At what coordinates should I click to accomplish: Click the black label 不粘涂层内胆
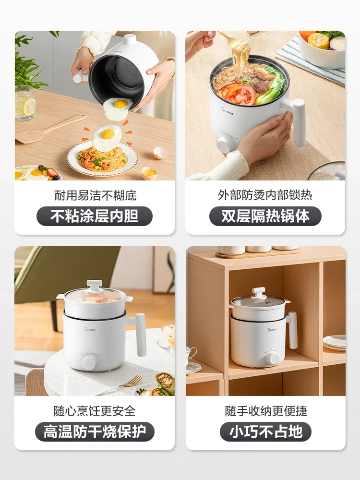point(95,216)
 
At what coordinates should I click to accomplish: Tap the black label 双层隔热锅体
point(265,216)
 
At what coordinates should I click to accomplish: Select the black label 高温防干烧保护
point(95,432)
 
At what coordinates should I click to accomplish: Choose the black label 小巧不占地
point(265,432)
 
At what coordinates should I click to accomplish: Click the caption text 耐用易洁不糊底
point(95,195)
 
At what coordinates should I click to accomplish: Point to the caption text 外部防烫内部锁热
point(265,195)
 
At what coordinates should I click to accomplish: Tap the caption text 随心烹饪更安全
point(95,411)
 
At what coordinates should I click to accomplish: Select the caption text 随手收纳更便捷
point(265,411)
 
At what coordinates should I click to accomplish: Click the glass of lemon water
point(24,103)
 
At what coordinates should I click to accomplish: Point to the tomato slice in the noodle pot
point(240,93)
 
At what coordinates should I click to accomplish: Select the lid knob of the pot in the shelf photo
point(260,292)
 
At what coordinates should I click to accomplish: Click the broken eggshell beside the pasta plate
point(160,153)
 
